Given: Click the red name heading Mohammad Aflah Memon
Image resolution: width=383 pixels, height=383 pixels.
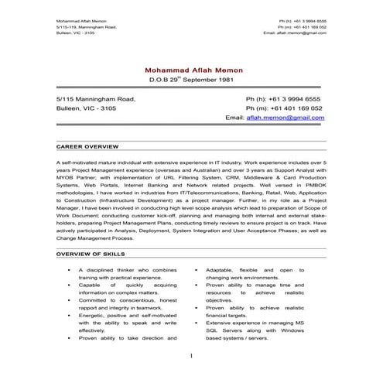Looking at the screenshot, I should (x=191, y=69).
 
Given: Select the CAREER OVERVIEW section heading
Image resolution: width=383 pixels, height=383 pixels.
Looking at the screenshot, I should (x=88, y=145).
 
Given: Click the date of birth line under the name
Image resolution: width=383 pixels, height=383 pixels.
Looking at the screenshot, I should (x=191, y=80).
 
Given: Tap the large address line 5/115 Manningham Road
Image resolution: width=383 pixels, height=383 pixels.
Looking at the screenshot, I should (x=96, y=99).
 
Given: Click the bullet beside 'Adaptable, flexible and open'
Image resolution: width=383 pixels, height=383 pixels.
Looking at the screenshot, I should (x=197, y=269).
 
